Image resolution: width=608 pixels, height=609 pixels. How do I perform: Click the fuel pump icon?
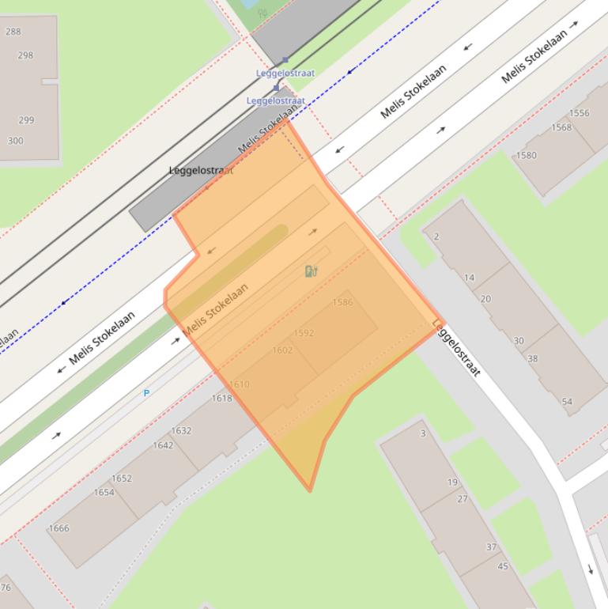pos(311,271)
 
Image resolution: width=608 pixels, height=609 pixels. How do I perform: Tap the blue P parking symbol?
pos(146,393)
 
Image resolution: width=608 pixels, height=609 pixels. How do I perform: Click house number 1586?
pos(342,302)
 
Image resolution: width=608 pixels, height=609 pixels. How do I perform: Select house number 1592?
pos(304,333)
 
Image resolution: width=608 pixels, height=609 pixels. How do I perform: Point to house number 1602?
pos(282,350)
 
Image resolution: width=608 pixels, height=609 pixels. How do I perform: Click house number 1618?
pos(221,398)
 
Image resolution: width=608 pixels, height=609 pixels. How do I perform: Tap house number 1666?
pos(59,528)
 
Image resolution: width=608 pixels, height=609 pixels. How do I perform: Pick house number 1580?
pos(526,155)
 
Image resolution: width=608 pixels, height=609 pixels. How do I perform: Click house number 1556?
pos(579,113)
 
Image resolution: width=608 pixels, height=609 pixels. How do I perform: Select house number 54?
pos(567,402)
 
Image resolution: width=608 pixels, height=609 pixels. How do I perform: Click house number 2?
pos(436,236)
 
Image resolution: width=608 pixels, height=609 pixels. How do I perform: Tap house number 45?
pos(503,565)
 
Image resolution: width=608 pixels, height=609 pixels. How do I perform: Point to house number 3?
pos(423,433)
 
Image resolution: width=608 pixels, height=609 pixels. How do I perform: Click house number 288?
pos(13,32)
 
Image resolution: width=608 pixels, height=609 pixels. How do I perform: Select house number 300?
pos(15,141)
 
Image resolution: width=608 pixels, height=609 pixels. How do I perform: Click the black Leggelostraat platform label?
pos(201,170)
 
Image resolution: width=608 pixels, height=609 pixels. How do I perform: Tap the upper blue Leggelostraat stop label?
pos(285,73)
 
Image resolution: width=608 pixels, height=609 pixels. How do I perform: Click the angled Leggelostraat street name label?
pos(456,348)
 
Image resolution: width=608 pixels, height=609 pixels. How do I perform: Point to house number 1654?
pos(104,492)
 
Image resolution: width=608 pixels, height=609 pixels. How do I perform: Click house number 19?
pos(452,482)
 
